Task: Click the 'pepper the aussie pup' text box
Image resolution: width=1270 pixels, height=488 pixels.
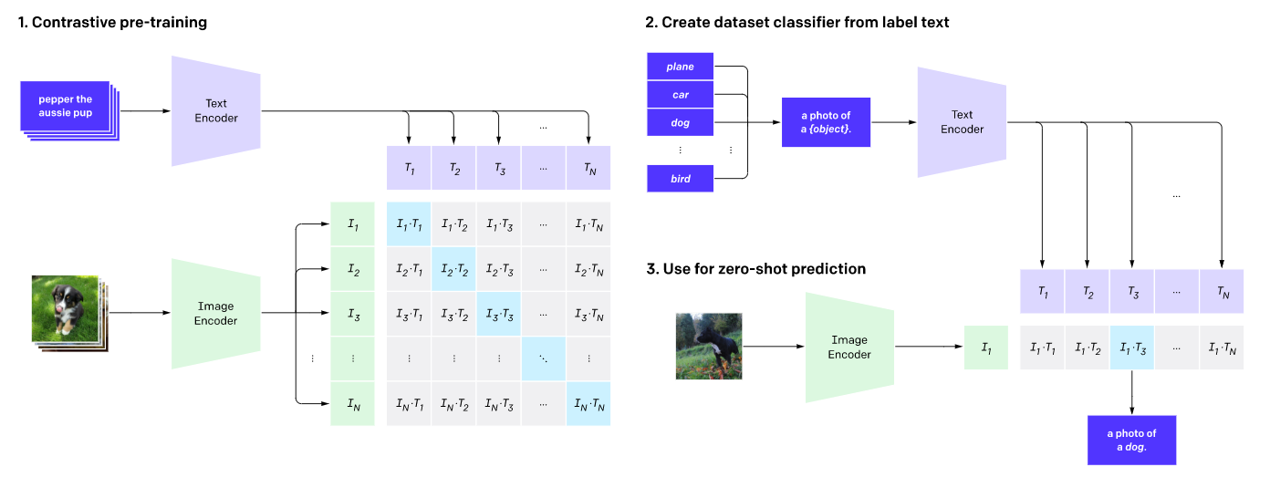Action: coord(65,105)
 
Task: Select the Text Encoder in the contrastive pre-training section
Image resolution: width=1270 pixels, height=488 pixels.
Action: coord(215,110)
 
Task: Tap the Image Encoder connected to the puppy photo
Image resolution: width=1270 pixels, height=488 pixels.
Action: coord(215,313)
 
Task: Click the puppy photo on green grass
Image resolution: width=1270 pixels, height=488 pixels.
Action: coord(65,308)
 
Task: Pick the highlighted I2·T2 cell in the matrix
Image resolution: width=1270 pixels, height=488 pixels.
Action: coord(453,269)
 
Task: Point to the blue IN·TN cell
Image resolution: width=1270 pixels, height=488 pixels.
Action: coord(588,403)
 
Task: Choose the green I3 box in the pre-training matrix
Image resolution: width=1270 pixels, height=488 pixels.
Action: coord(353,314)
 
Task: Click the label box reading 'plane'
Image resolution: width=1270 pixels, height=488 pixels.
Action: coord(680,67)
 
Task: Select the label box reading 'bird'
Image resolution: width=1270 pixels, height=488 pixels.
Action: coord(680,179)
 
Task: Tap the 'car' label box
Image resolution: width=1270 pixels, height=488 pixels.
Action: coord(680,94)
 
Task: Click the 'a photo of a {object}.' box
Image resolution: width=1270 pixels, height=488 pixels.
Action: coord(826,121)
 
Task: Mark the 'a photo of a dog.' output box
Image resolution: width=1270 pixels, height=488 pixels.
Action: coord(1131,440)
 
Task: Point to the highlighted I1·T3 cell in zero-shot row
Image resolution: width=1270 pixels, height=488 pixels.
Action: coord(1131,348)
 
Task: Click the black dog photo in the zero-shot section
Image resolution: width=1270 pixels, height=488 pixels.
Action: coord(709,346)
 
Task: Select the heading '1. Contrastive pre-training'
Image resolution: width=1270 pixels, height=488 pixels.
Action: coord(112,22)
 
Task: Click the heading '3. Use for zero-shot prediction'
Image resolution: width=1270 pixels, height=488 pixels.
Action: coord(755,268)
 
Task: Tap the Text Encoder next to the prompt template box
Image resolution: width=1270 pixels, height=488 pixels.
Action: coord(962,121)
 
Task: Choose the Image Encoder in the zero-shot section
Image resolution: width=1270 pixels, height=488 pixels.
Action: coord(848,347)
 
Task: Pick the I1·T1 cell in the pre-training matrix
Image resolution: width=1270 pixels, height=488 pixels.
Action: coord(409,224)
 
